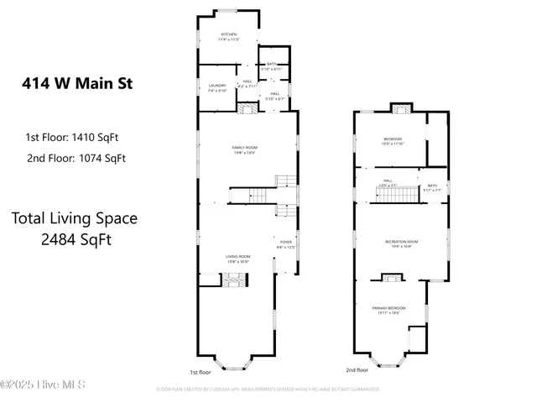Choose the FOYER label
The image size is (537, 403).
click(x=287, y=244)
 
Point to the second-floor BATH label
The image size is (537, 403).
click(x=432, y=187)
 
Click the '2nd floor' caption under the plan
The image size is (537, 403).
click(x=357, y=369)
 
